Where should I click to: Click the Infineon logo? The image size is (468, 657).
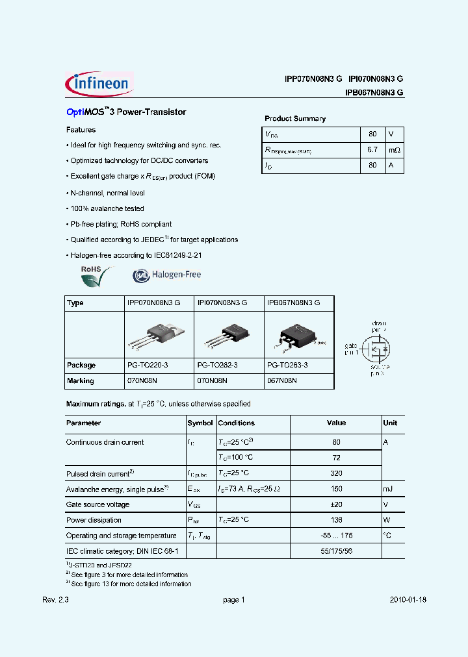point(99,84)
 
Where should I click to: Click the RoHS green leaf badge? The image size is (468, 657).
point(96,276)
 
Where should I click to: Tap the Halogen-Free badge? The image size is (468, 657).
point(167,275)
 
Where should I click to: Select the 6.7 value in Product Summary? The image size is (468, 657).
point(372,150)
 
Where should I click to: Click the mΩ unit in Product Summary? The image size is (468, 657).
point(394,150)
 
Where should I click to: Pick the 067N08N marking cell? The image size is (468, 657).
point(282,380)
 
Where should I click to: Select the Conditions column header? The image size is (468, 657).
point(237,423)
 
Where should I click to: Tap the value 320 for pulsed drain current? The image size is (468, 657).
point(336,473)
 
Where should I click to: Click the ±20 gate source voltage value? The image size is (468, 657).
point(336,504)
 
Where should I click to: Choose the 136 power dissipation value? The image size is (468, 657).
point(336,520)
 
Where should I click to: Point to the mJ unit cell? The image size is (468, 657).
point(388,489)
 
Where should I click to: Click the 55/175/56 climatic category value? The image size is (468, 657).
point(336,551)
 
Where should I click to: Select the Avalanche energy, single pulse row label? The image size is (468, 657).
point(118,489)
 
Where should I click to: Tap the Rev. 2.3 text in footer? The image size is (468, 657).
point(55,600)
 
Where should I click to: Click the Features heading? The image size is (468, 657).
point(81,130)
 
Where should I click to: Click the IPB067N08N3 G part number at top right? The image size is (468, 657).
point(374,93)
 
